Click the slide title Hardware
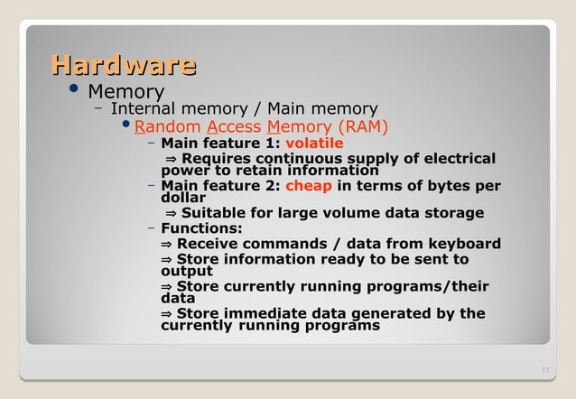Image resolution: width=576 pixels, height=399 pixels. point(124,66)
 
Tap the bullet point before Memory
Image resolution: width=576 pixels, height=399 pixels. point(72,89)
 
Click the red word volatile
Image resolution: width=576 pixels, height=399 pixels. point(314,143)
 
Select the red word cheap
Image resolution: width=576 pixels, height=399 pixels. point(311,187)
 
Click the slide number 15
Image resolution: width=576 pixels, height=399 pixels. point(543,371)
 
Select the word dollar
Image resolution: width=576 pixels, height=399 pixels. point(182,197)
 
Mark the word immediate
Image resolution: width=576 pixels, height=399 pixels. point(274,314)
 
